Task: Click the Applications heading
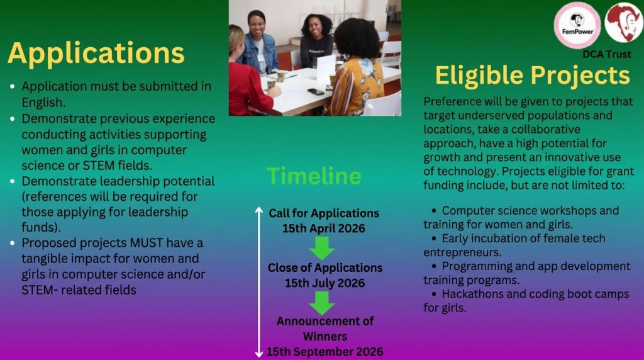(x=96, y=53)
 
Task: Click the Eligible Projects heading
(x=532, y=76)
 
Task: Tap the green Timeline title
(x=314, y=176)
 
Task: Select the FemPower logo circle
(x=577, y=25)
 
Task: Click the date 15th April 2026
(x=323, y=228)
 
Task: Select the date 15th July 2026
(x=325, y=283)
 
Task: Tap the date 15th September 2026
(x=325, y=351)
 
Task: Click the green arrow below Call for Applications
(x=322, y=248)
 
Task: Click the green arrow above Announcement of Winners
(x=322, y=303)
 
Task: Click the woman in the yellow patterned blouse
(x=356, y=76)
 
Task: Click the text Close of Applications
(x=325, y=267)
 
